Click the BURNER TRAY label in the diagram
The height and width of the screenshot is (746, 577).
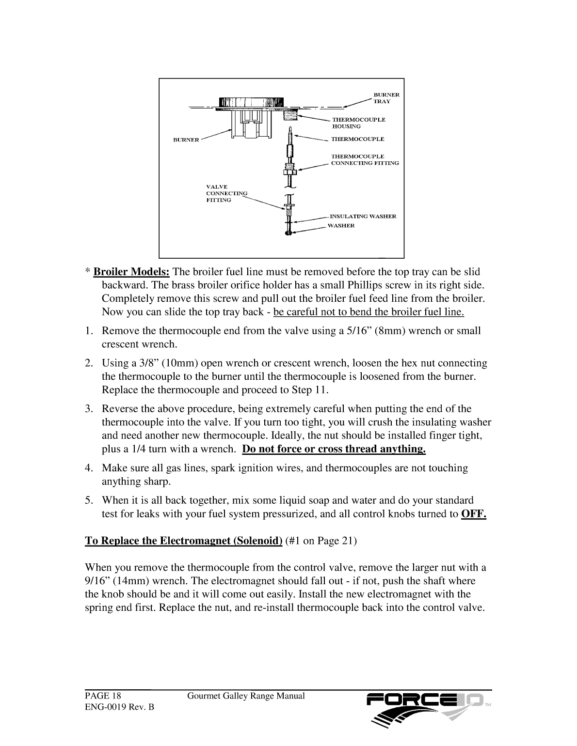coord(386,98)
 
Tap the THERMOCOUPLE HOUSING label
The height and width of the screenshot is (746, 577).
coord(358,123)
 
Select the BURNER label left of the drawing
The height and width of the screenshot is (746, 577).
coord(186,140)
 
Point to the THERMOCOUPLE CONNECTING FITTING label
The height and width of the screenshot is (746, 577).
coord(365,160)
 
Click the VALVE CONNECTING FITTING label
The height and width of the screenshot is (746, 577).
coord(226,193)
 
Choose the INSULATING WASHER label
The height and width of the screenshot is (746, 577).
coord(363,216)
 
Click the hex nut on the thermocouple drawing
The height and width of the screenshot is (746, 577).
coord(288,171)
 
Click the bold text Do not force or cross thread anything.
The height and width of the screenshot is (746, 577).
coord(334,449)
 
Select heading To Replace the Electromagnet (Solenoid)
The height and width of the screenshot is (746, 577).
coord(184,541)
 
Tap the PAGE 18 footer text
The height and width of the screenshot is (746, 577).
coord(103,696)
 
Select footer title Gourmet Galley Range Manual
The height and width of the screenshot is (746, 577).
coord(246,696)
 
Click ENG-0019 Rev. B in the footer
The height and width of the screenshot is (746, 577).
coord(119,707)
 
